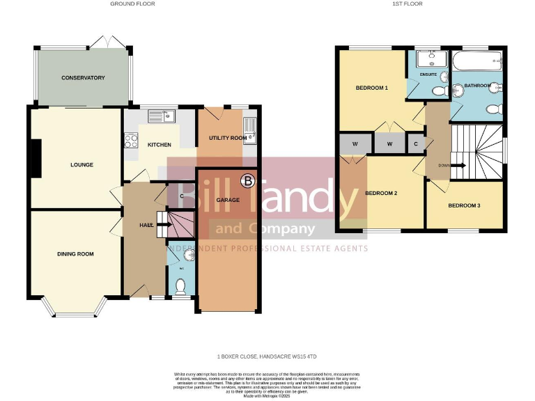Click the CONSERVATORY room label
(x=83, y=78)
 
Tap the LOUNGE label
(x=82, y=165)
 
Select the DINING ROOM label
(x=75, y=254)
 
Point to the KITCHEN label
(x=159, y=145)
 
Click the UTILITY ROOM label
(x=228, y=139)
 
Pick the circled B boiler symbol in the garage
(x=247, y=182)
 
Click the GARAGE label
(x=228, y=200)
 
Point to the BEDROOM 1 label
(x=371, y=88)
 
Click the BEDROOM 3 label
(x=464, y=205)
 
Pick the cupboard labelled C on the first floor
(x=415, y=144)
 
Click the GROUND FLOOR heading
(x=132, y=4)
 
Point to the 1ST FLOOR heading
(x=408, y=4)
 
